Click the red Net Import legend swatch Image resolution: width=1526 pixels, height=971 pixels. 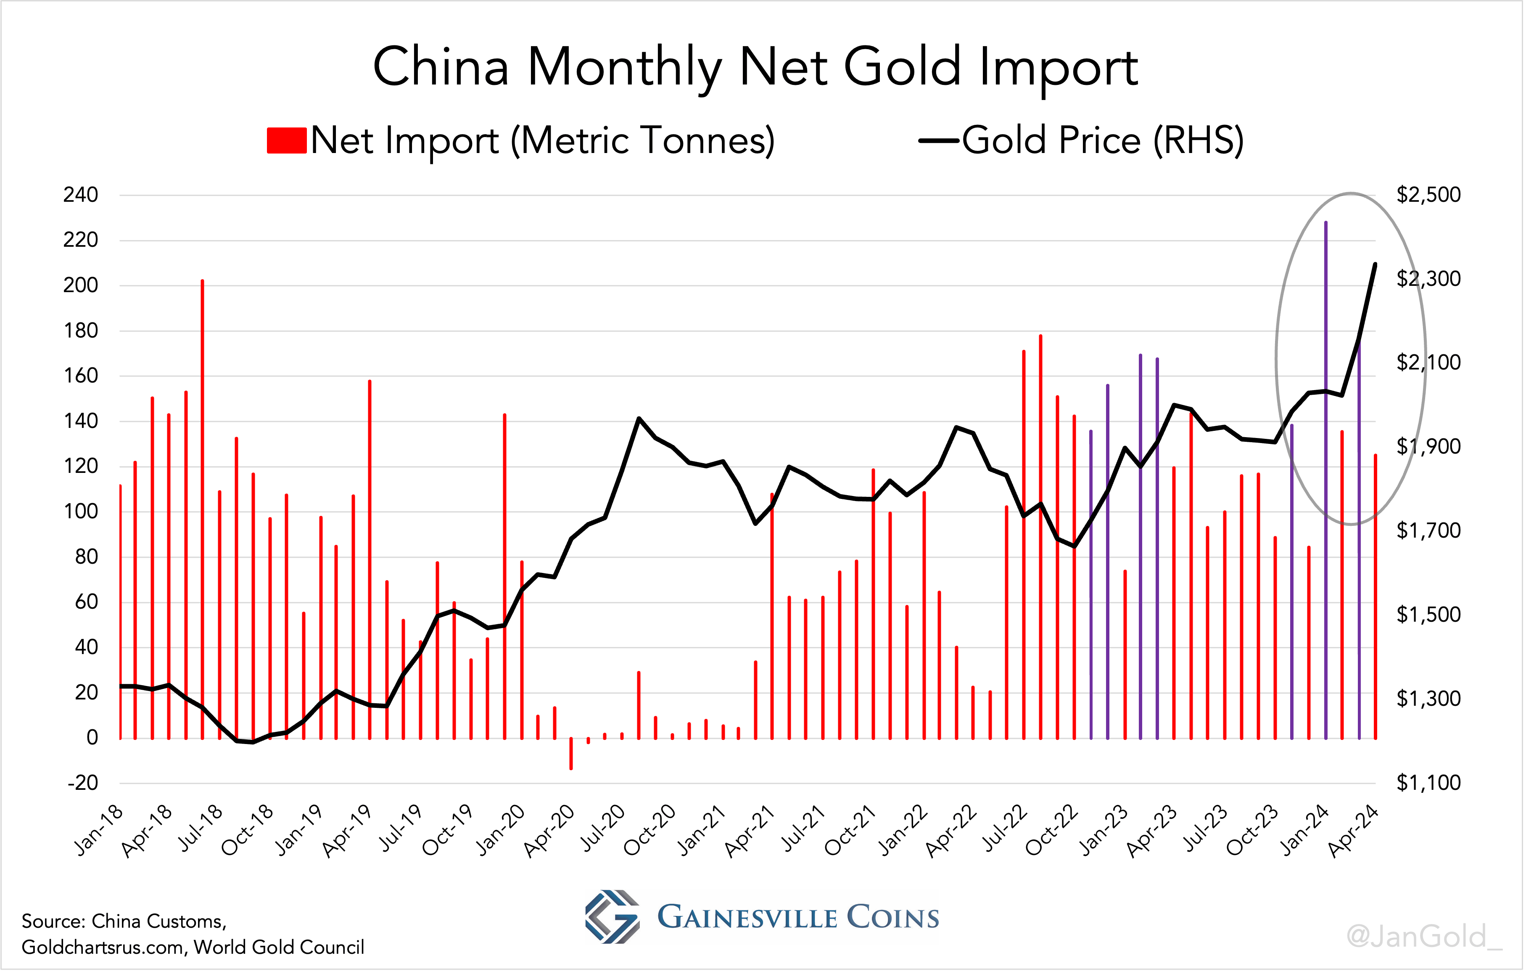[x=286, y=141]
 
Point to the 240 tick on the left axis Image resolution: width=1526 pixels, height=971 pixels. [x=80, y=195]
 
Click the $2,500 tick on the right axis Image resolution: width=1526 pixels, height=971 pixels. [x=1428, y=195]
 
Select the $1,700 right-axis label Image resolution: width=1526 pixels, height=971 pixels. [x=1428, y=530]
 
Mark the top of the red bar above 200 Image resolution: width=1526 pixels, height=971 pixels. [x=203, y=281]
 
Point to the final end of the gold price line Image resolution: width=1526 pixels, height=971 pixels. [x=1375, y=264]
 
